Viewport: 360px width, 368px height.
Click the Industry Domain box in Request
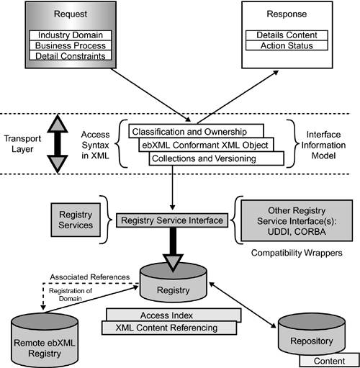[x=69, y=35]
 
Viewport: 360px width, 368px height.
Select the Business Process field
[x=69, y=45]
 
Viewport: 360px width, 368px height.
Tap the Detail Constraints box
[x=69, y=55]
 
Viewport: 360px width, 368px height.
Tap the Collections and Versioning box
[x=202, y=158]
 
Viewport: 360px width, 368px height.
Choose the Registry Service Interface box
[x=172, y=220]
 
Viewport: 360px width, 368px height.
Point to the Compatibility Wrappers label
[x=296, y=253]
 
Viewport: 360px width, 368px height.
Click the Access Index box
[x=173, y=315]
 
